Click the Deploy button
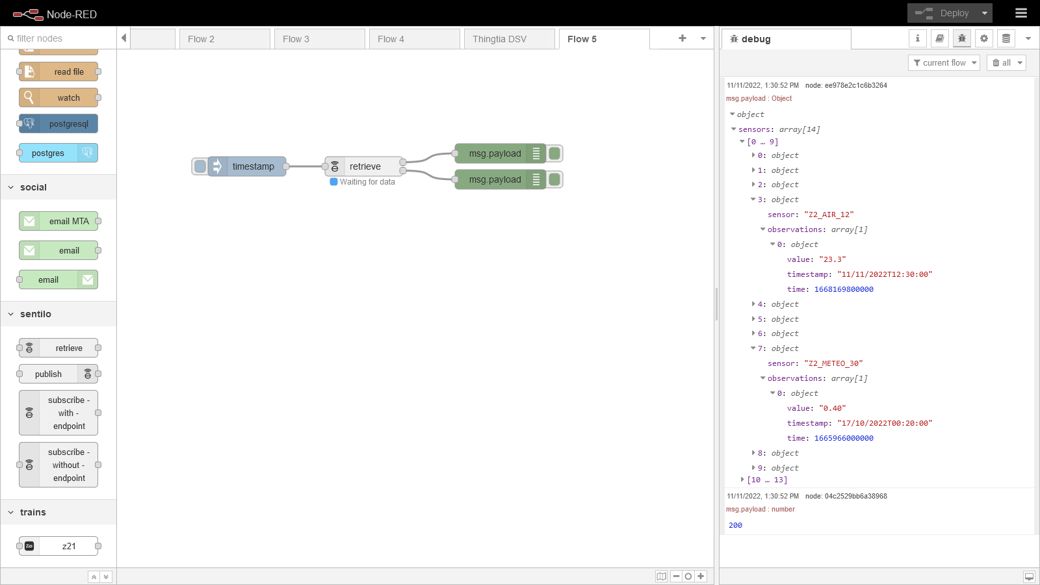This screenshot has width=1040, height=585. pyautogui.click(x=942, y=14)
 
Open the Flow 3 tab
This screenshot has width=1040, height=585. pyautogui.click(x=319, y=39)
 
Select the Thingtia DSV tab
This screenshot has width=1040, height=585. pyautogui.click(x=510, y=39)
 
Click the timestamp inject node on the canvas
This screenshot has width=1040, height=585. pyautogui.click(x=246, y=166)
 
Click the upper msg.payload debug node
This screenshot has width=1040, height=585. pyautogui.click(x=500, y=153)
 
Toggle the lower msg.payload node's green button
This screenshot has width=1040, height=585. pyautogui.click(x=554, y=179)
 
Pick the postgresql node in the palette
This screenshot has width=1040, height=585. pyautogui.click(x=58, y=124)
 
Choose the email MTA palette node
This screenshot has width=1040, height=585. pyautogui.click(x=58, y=221)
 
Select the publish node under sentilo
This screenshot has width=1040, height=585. pyautogui.click(x=58, y=374)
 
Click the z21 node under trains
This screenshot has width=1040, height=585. pyautogui.click(x=58, y=546)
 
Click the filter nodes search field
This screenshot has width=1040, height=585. pyautogui.click(x=60, y=38)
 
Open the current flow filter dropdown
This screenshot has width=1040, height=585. pyautogui.click(x=944, y=62)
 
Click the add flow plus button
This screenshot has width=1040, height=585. pyautogui.click(x=682, y=38)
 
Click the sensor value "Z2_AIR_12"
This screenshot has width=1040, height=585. pyautogui.click(x=829, y=214)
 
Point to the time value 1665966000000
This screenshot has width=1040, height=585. pyautogui.click(x=844, y=438)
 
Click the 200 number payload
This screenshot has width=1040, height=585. pyautogui.click(x=735, y=525)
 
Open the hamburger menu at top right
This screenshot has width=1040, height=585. pyautogui.click(x=1021, y=13)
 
